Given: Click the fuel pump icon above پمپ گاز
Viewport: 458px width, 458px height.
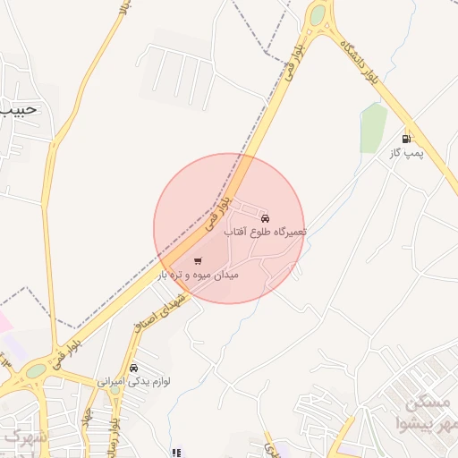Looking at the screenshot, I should [408, 139].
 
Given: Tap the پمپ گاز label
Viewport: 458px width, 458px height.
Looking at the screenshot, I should [404, 153].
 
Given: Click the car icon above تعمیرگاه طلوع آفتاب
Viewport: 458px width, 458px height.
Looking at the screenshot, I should [264, 218].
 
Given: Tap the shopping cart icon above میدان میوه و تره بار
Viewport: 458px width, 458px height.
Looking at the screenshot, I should [197, 261].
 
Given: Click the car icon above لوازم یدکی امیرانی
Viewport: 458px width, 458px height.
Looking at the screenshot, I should [133, 368].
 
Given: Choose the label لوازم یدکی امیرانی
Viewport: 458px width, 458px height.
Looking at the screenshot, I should [133, 381].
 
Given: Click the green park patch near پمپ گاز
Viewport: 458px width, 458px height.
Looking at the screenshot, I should [373, 127].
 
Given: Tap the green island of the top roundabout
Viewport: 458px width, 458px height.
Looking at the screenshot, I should [318, 14].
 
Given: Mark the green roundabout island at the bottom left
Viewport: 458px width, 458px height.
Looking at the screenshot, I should [35, 370].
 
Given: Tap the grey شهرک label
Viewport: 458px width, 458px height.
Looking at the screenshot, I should [20, 436].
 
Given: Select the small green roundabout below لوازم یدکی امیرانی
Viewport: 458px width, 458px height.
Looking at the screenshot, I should [114, 390].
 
